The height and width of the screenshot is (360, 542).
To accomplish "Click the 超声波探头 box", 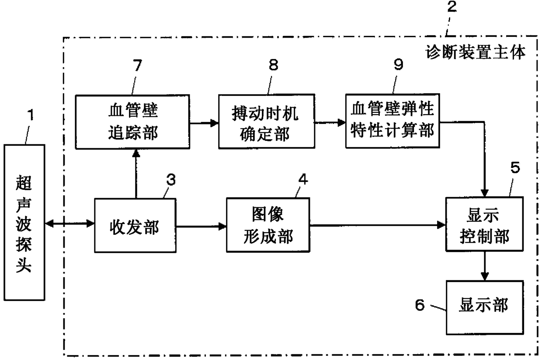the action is [x=24, y=222].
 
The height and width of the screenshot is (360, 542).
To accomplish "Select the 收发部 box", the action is [x=135, y=225].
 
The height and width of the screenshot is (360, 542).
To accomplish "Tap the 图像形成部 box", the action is [x=268, y=225].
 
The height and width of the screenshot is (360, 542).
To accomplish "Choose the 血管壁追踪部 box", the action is [x=132, y=122].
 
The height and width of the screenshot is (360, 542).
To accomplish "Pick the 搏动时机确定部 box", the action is [x=267, y=121].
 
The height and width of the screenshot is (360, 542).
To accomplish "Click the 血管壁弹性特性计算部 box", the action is [x=393, y=121].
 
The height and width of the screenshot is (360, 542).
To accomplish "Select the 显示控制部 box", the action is [x=485, y=224].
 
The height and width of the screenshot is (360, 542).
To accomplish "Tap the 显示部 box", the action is [x=485, y=308].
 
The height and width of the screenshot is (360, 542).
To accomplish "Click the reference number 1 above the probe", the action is [x=31, y=115].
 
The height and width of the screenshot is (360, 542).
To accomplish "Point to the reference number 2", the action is [x=452, y=7].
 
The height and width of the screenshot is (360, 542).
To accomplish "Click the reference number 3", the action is [x=171, y=180].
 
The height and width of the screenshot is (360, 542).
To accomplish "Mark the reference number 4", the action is [x=303, y=179].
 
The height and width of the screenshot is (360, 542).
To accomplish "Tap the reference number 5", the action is [x=515, y=167].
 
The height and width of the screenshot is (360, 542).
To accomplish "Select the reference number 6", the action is [x=420, y=304].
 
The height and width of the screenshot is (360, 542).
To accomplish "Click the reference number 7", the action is [x=137, y=65].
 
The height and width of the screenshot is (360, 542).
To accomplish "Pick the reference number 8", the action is [x=274, y=65].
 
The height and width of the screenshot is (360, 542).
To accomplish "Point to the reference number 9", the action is [x=399, y=64].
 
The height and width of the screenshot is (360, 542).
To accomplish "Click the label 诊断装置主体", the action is [x=476, y=52].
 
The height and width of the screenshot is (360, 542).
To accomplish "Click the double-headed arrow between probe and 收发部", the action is [x=69, y=223].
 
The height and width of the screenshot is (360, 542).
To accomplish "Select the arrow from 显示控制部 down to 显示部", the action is [x=485, y=266].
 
